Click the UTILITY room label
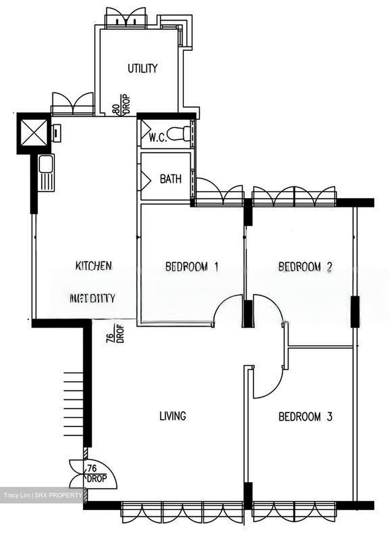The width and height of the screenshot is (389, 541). point(142,68)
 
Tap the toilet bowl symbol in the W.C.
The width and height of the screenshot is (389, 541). point(179,133)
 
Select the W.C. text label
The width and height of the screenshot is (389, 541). point(157,138)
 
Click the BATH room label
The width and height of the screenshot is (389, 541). point(170,179)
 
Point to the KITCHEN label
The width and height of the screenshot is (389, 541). point(94,266)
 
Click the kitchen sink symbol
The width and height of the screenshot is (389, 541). point(47,172)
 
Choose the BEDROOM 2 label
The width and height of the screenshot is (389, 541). point(305,267)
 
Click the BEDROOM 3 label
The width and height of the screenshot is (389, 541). point(305,416)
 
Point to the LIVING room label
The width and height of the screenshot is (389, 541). point(173,416)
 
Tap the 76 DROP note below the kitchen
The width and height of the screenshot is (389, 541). point(115,334)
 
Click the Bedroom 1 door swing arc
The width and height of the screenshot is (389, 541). point(227,308)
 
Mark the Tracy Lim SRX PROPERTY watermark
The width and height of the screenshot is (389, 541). point(43,495)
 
